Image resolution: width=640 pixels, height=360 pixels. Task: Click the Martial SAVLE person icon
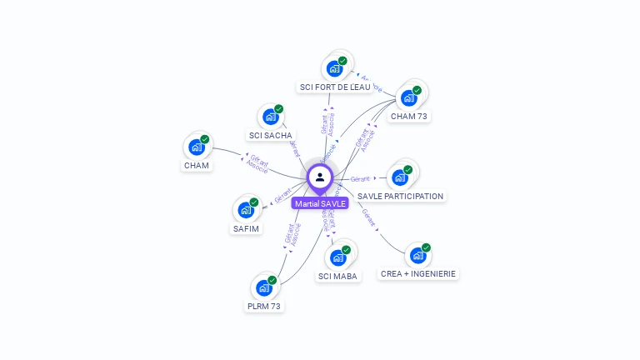320,177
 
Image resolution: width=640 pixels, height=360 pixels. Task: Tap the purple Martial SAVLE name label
320,203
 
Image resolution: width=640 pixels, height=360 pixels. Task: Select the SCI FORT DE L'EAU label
335,87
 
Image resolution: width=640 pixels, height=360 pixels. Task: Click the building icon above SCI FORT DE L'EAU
334,68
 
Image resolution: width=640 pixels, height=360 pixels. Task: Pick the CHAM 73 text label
408,117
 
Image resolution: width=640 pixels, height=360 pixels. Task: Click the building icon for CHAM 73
408,97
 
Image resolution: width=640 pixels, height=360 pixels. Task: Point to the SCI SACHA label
271,135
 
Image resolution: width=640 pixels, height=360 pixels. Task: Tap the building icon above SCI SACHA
270,117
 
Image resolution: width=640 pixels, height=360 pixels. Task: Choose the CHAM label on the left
197,165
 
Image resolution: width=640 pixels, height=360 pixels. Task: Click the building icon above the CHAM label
197,147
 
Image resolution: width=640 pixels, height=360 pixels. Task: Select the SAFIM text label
246,228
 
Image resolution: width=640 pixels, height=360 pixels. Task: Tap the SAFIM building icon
246,209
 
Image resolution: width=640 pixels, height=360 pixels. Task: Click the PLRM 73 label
264,306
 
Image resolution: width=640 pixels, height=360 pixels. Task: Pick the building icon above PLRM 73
264,287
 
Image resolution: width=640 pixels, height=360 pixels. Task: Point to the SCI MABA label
338,276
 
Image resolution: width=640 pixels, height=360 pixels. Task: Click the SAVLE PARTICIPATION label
400,196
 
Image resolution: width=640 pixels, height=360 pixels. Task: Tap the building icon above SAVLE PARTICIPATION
400,177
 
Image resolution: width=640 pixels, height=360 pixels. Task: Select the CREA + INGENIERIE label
418,273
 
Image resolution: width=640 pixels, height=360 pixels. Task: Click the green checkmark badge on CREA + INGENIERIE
426,247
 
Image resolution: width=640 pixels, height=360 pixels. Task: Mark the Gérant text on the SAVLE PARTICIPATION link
360,179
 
